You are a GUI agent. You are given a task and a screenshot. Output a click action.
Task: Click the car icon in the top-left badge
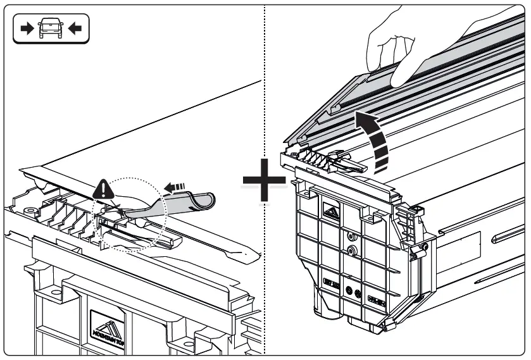51,28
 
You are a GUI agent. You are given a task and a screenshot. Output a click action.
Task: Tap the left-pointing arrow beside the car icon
74,28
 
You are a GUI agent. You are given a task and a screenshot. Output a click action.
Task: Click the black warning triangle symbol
102,188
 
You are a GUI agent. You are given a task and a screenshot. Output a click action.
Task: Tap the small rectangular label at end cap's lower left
331,280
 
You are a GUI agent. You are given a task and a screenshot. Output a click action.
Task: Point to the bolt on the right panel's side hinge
418,252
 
